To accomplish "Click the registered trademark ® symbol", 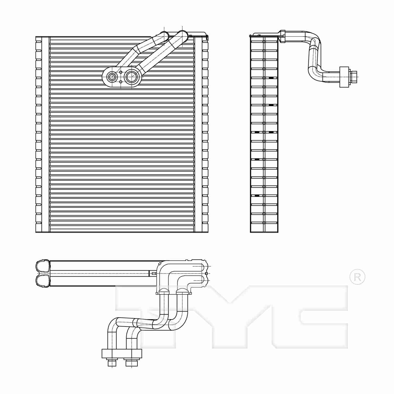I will click(x=357, y=277).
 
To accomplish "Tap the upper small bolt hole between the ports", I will click(x=121, y=72).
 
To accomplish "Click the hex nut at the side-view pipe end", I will click(x=354, y=77).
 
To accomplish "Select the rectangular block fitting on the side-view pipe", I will click(x=344, y=77).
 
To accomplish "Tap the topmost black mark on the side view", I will click(x=271, y=78).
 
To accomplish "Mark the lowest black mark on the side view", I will click(x=257, y=195).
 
